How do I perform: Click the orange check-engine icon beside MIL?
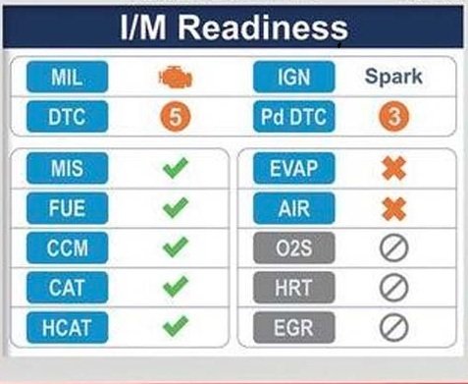176,77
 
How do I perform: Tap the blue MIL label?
68,77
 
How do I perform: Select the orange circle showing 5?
176,117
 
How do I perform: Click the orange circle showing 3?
393,117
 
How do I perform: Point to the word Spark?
393,77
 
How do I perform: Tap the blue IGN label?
294,77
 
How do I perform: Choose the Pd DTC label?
294,117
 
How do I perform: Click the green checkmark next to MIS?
176,168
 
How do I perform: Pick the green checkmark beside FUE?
176,207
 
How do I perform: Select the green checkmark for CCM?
176,247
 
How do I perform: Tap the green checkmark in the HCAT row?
176,326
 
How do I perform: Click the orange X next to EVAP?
394,168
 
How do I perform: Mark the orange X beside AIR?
394,208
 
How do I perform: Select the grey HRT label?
294,288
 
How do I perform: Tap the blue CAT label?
68,288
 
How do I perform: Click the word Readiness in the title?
263,27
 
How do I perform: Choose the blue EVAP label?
294,168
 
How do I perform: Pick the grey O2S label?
294,247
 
